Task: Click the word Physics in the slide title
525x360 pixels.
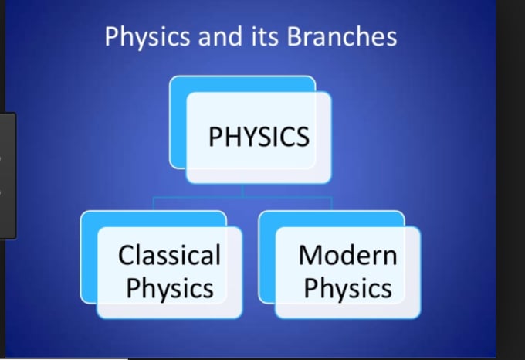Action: pos(147,37)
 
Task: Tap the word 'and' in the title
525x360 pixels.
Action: pos(220,36)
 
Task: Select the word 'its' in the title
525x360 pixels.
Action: pos(265,36)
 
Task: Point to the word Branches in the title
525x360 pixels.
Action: pos(342,36)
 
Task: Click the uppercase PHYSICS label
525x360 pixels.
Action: pos(259,137)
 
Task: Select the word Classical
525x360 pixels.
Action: pos(169,255)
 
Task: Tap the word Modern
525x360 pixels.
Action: pos(347,255)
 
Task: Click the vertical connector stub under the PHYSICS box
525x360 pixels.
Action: pos(242,191)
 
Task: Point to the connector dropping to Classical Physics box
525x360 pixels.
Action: pos(154,204)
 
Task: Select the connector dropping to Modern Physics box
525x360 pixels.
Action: pos(331,204)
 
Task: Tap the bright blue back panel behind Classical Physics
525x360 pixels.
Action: pos(89,257)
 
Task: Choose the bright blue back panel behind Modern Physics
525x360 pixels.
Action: pos(267,257)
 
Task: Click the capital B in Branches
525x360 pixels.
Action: pos(295,36)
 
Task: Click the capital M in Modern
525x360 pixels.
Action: pos(310,255)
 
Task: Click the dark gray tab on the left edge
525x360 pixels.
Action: pos(8,176)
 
